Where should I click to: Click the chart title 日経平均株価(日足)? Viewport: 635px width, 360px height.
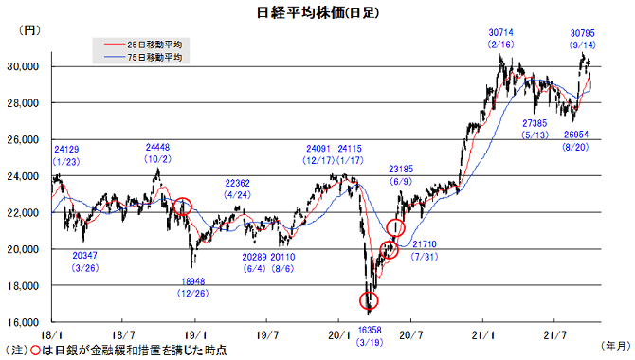pyautogui.click(x=317, y=12)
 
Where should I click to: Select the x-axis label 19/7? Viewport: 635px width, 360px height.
pyautogui.click(x=267, y=335)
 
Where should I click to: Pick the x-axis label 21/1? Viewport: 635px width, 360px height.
pyautogui.click(x=482, y=335)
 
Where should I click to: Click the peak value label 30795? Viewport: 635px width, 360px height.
pyautogui.click(x=582, y=33)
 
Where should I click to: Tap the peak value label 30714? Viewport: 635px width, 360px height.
pyautogui.click(x=501, y=32)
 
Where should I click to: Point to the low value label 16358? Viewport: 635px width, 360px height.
pyautogui.click(x=370, y=331)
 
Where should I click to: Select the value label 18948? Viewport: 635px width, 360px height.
pyautogui.click(x=192, y=281)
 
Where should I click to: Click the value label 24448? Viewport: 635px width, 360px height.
pyautogui.click(x=158, y=148)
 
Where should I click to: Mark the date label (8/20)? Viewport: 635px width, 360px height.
pyautogui.click(x=575, y=147)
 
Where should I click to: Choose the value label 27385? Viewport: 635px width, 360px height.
pyautogui.click(x=535, y=123)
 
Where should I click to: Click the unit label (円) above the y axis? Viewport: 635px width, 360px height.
pyautogui.click(x=29, y=30)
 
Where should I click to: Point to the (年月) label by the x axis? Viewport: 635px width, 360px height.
pyautogui.click(x=616, y=346)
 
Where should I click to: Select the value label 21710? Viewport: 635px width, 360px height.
pyautogui.click(x=425, y=244)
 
